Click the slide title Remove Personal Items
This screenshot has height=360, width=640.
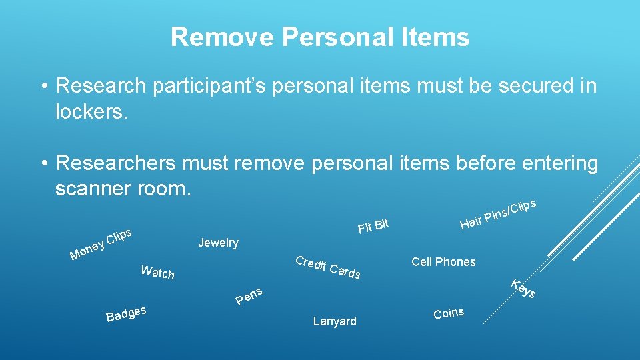click(320, 37)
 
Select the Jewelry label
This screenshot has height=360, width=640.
click(218, 243)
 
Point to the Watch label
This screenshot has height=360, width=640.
click(158, 272)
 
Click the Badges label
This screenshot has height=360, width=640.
click(126, 312)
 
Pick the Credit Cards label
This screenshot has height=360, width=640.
click(328, 267)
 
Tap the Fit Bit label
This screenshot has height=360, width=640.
click(373, 227)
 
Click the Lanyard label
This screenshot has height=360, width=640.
click(335, 321)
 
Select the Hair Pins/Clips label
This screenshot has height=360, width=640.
click(497, 213)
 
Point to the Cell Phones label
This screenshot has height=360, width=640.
click(443, 262)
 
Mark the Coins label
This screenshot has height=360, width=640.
click(449, 313)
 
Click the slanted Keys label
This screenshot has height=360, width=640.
click(523, 288)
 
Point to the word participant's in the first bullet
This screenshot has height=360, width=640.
click(220, 86)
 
